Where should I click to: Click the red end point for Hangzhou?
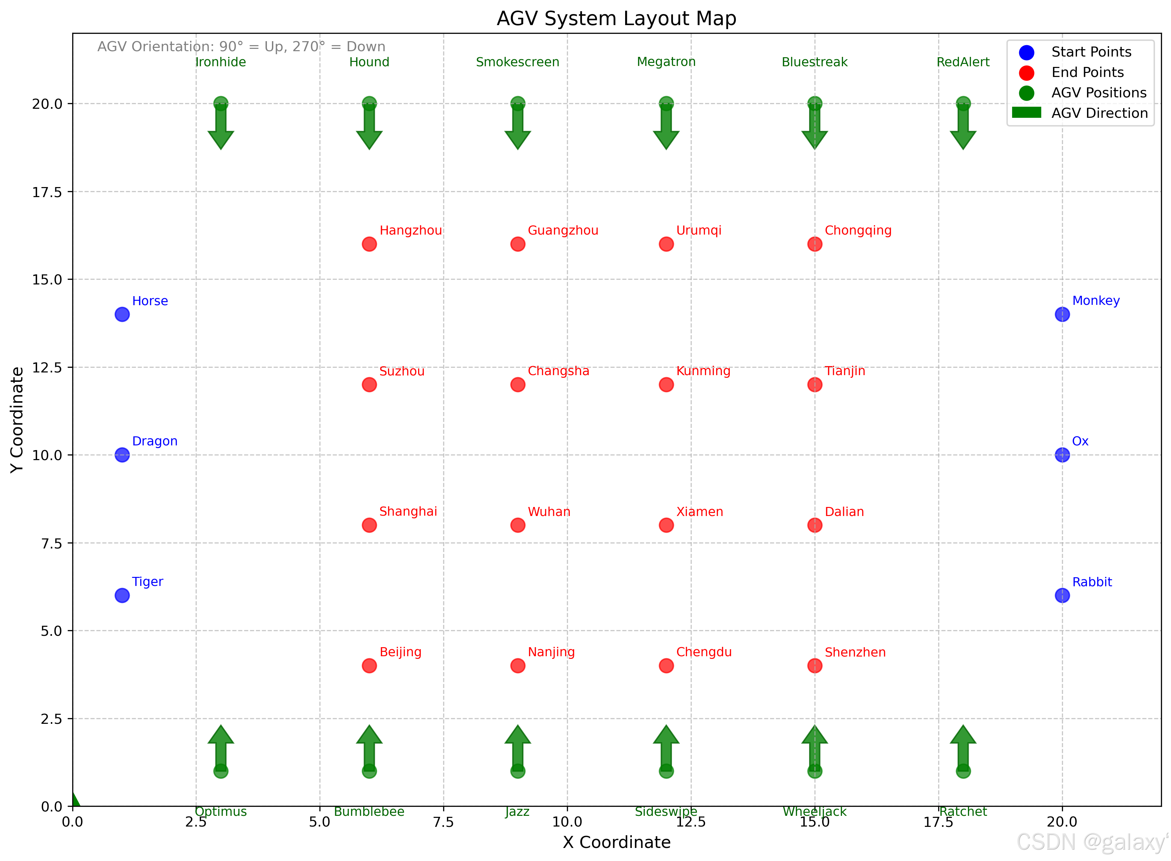[369, 244]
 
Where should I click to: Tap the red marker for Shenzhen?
[814, 666]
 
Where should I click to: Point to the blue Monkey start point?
[1062, 314]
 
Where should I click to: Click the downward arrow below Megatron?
[666, 128]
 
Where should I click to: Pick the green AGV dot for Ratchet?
[963, 771]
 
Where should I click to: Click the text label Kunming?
[703, 371]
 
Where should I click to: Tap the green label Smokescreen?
[517, 62]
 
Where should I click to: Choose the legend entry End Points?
[1087, 72]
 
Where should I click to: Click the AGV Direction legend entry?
[1099, 113]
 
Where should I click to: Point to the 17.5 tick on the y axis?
[47, 192]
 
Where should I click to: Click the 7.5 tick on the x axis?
[443, 822]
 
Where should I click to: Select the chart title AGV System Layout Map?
[616, 19]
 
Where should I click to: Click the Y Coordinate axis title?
[17, 420]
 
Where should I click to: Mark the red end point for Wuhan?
[517, 525]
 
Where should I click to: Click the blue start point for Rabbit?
[1062, 595]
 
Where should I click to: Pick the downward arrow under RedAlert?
[963, 128]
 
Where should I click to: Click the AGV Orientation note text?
[241, 47]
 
